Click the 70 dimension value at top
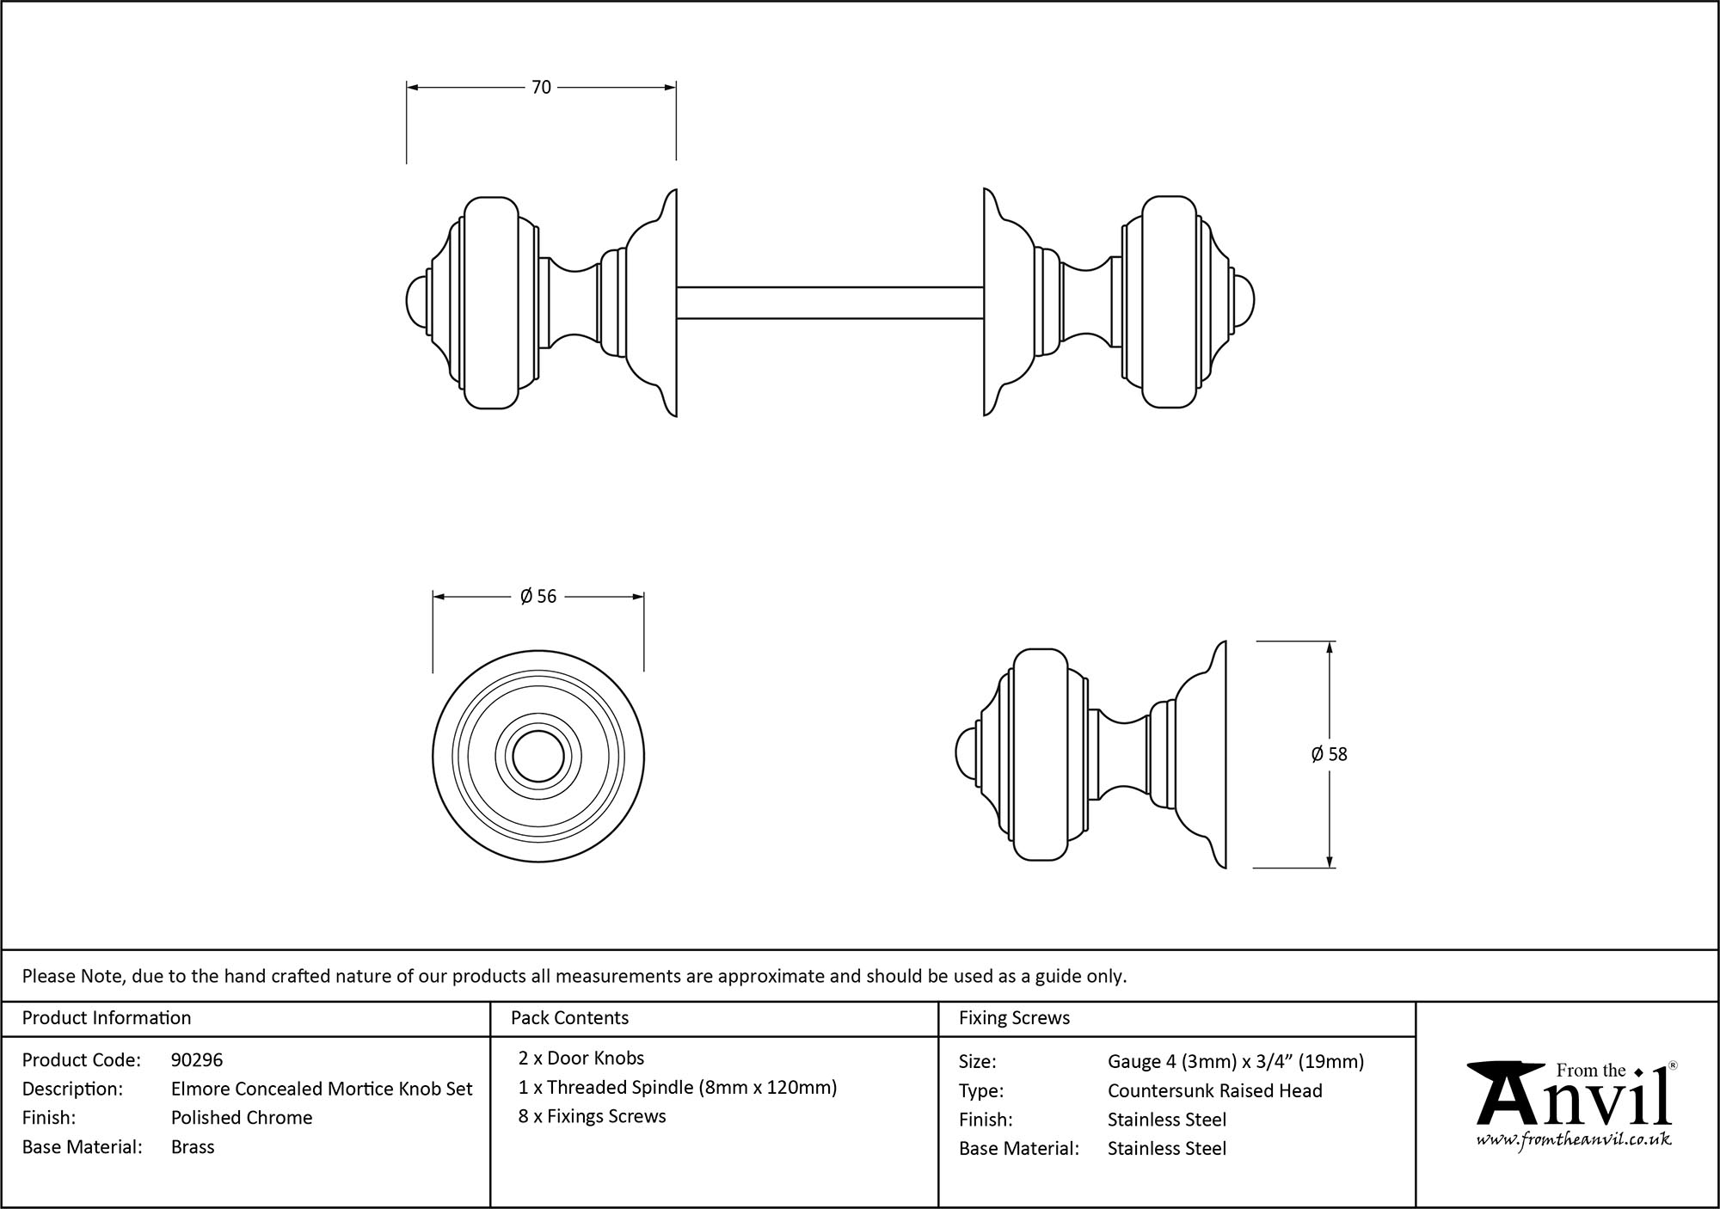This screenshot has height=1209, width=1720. (541, 88)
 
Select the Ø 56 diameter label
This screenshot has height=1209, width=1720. (538, 597)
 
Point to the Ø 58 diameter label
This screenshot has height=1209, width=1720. (1329, 754)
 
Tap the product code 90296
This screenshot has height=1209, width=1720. (197, 1060)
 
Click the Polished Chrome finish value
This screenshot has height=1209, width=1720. (242, 1118)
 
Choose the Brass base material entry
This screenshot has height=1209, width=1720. (193, 1147)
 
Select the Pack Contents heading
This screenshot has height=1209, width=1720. (569, 1018)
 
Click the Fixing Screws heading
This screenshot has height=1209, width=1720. (1014, 1018)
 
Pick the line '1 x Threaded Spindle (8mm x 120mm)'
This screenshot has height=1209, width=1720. (678, 1088)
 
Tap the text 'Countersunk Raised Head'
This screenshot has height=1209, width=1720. (1214, 1091)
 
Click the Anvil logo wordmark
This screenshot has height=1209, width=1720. (1574, 1100)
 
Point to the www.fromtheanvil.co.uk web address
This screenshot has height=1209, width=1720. (1574, 1139)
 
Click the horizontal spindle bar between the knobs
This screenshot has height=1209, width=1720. (830, 303)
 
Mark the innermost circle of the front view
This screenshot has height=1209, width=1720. (538, 758)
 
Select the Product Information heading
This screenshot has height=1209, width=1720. (107, 1018)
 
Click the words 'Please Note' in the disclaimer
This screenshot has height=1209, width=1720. (74, 976)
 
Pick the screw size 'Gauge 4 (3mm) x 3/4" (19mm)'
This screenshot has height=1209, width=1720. (1236, 1062)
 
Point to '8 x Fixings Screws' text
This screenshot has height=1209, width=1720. (593, 1117)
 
